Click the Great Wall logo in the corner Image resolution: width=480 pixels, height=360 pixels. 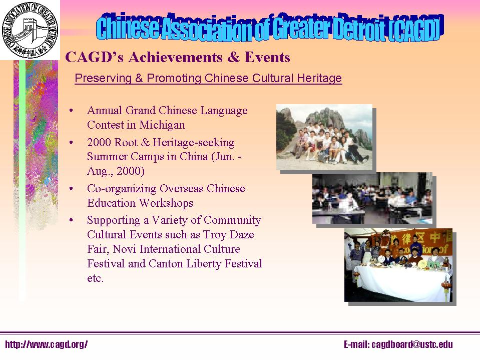pos(30,30)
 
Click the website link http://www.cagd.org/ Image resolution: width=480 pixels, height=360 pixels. pos(47,344)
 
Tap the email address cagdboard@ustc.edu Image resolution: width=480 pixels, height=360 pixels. pos(398,344)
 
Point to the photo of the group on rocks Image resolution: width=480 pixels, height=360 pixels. pos(324,137)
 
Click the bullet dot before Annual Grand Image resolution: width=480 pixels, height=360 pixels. pos(73,111)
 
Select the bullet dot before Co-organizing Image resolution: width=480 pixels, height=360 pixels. pos(73,189)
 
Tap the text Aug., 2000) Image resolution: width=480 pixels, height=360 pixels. pos(116,171)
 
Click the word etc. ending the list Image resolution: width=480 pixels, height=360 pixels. pos(95,278)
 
